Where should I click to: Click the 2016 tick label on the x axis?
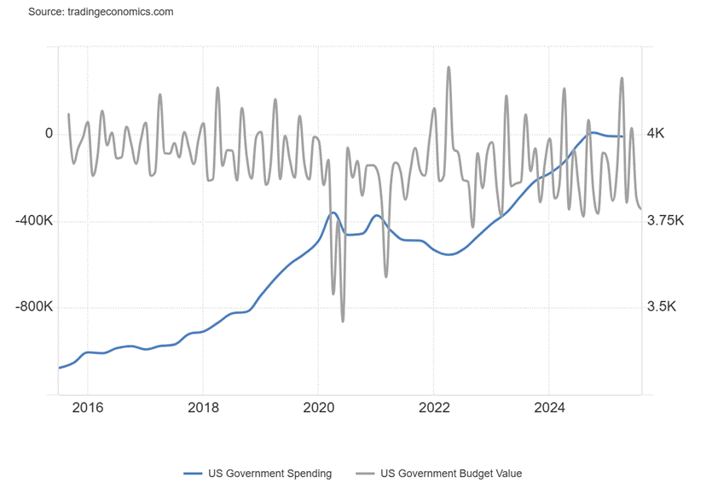pyautogui.click(x=88, y=407)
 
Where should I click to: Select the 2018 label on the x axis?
pyautogui.click(x=203, y=407)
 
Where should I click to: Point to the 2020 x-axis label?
pyautogui.click(x=318, y=407)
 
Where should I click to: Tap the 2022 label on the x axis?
pyautogui.click(x=434, y=407)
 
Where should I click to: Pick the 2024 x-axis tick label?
pyautogui.click(x=549, y=407)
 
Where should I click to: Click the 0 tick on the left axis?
pyautogui.click(x=49, y=134)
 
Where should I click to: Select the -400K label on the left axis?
pyautogui.click(x=33, y=221)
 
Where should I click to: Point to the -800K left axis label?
pyautogui.click(x=33, y=307)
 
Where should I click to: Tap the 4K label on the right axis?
pyautogui.click(x=656, y=134)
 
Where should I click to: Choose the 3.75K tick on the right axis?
pyautogui.click(x=666, y=221)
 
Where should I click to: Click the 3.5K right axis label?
pyautogui.click(x=662, y=307)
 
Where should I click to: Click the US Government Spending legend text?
pyautogui.click(x=270, y=473)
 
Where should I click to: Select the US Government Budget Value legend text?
pyautogui.click(x=451, y=473)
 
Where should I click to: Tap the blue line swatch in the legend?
pyautogui.click(x=192, y=473)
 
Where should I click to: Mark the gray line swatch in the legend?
pyautogui.click(x=364, y=473)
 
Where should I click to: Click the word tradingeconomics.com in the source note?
pyautogui.click(x=119, y=12)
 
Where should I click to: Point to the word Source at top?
pyautogui.click(x=45, y=12)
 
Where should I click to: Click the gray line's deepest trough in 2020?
pyautogui.click(x=343, y=321)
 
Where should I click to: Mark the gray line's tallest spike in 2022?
pyautogui.click(x=448, y=67)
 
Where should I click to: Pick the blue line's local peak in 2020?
pyautogui.click(x=333, y=212)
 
